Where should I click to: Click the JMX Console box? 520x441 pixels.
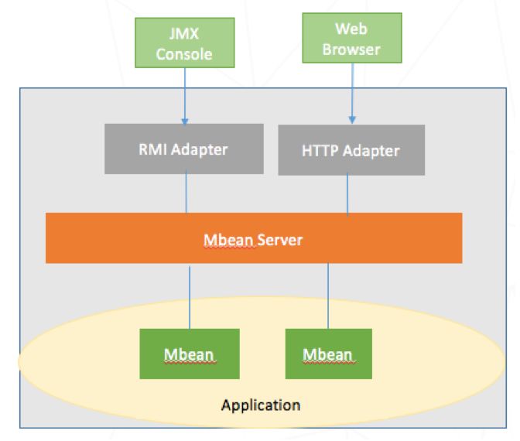pyautogui.click(x=183, y=44)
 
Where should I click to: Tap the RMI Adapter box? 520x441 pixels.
pyautogui.click(x=183, y=149)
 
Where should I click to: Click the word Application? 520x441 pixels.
pyautogui.click(x=260, y=405)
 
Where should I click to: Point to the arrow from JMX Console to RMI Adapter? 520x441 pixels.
pyautogui.click(x=184, y=97)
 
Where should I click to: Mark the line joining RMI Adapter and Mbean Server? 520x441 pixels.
pyautogui.click(x=186, y=193)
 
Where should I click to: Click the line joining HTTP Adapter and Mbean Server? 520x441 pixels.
pyautogui.click(x=347, y=194)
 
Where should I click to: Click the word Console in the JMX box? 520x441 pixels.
pyautogui.click(x=183, y=54)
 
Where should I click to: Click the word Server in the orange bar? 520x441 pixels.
pyautogui.click(x=280, y=240)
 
